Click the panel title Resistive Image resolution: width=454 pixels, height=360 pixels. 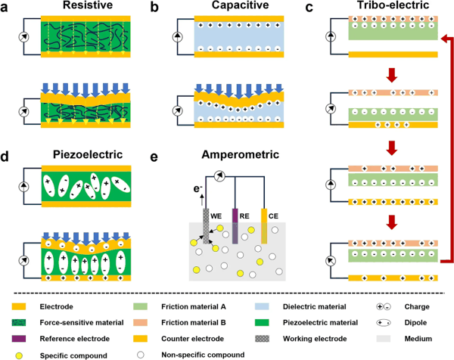coord(88,5)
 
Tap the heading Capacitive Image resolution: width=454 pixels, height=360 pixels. coord(240,5)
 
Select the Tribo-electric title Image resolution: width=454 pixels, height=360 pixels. coord(393,5)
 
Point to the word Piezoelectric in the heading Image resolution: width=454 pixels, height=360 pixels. coord(88,154)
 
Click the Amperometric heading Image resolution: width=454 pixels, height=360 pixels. coord(241,154)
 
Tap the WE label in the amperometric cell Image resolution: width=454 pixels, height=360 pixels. coord(216,216)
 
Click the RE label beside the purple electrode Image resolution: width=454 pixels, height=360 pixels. coord(244,216)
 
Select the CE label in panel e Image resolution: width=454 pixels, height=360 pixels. coord(273,216)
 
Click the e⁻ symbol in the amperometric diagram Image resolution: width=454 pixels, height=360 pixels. coord(197,189)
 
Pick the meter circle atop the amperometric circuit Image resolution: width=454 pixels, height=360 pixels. coord(219,175)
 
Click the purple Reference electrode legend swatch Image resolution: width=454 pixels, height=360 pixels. coord(19,339)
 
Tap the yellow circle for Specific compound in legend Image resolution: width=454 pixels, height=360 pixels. coord(19,355)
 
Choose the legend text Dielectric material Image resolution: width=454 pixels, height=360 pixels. coord(315,307)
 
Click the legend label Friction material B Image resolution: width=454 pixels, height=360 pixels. coord(194,323)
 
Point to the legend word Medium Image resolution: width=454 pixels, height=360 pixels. coord(418,339)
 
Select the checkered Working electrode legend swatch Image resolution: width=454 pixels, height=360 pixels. coord(262,339)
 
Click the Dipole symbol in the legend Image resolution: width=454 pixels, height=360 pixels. coord(384,323)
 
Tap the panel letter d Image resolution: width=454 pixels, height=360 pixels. coord(5,157)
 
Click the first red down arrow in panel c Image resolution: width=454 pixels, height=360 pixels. coord(392,75)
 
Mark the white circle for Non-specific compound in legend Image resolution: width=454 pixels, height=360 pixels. coord(141,355)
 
